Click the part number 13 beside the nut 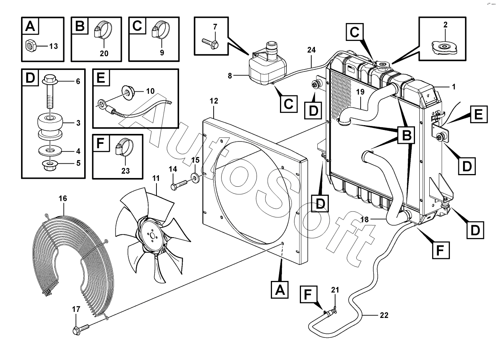tap(53, 46)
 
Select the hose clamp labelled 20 tap(102, 31)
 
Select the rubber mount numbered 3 tap(50, 124)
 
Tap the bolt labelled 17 tap(81, 329)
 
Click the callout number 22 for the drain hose tap(384, 315)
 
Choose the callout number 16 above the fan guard tap(63, 198)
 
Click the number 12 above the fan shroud tap(214, 101)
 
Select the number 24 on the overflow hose tap(311, 50)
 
